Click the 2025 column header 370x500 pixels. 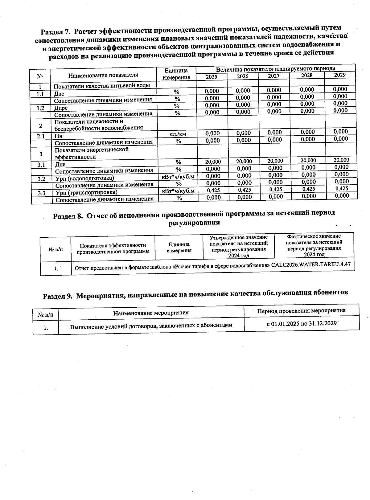[212, 77]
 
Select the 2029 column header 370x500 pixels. [340, 75]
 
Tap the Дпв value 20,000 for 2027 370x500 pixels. [275, 161]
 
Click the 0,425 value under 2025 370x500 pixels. [213, 190]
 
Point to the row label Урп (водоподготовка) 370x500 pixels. [84, 178]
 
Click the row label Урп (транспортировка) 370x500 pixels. [86, 192]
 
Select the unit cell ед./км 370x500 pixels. [178, 134]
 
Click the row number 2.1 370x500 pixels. [41, 136]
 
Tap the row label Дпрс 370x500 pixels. [61, 108]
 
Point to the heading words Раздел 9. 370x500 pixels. [58, 296]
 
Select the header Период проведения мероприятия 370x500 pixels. [301, 310]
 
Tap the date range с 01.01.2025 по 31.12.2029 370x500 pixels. [301, 323]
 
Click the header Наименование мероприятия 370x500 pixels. [151, 313]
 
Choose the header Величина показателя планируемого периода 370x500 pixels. [275, 69]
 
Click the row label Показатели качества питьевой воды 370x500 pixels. [102, 85]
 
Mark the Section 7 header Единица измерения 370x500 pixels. [176, 74]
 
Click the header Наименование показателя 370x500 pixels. [103, 75]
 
